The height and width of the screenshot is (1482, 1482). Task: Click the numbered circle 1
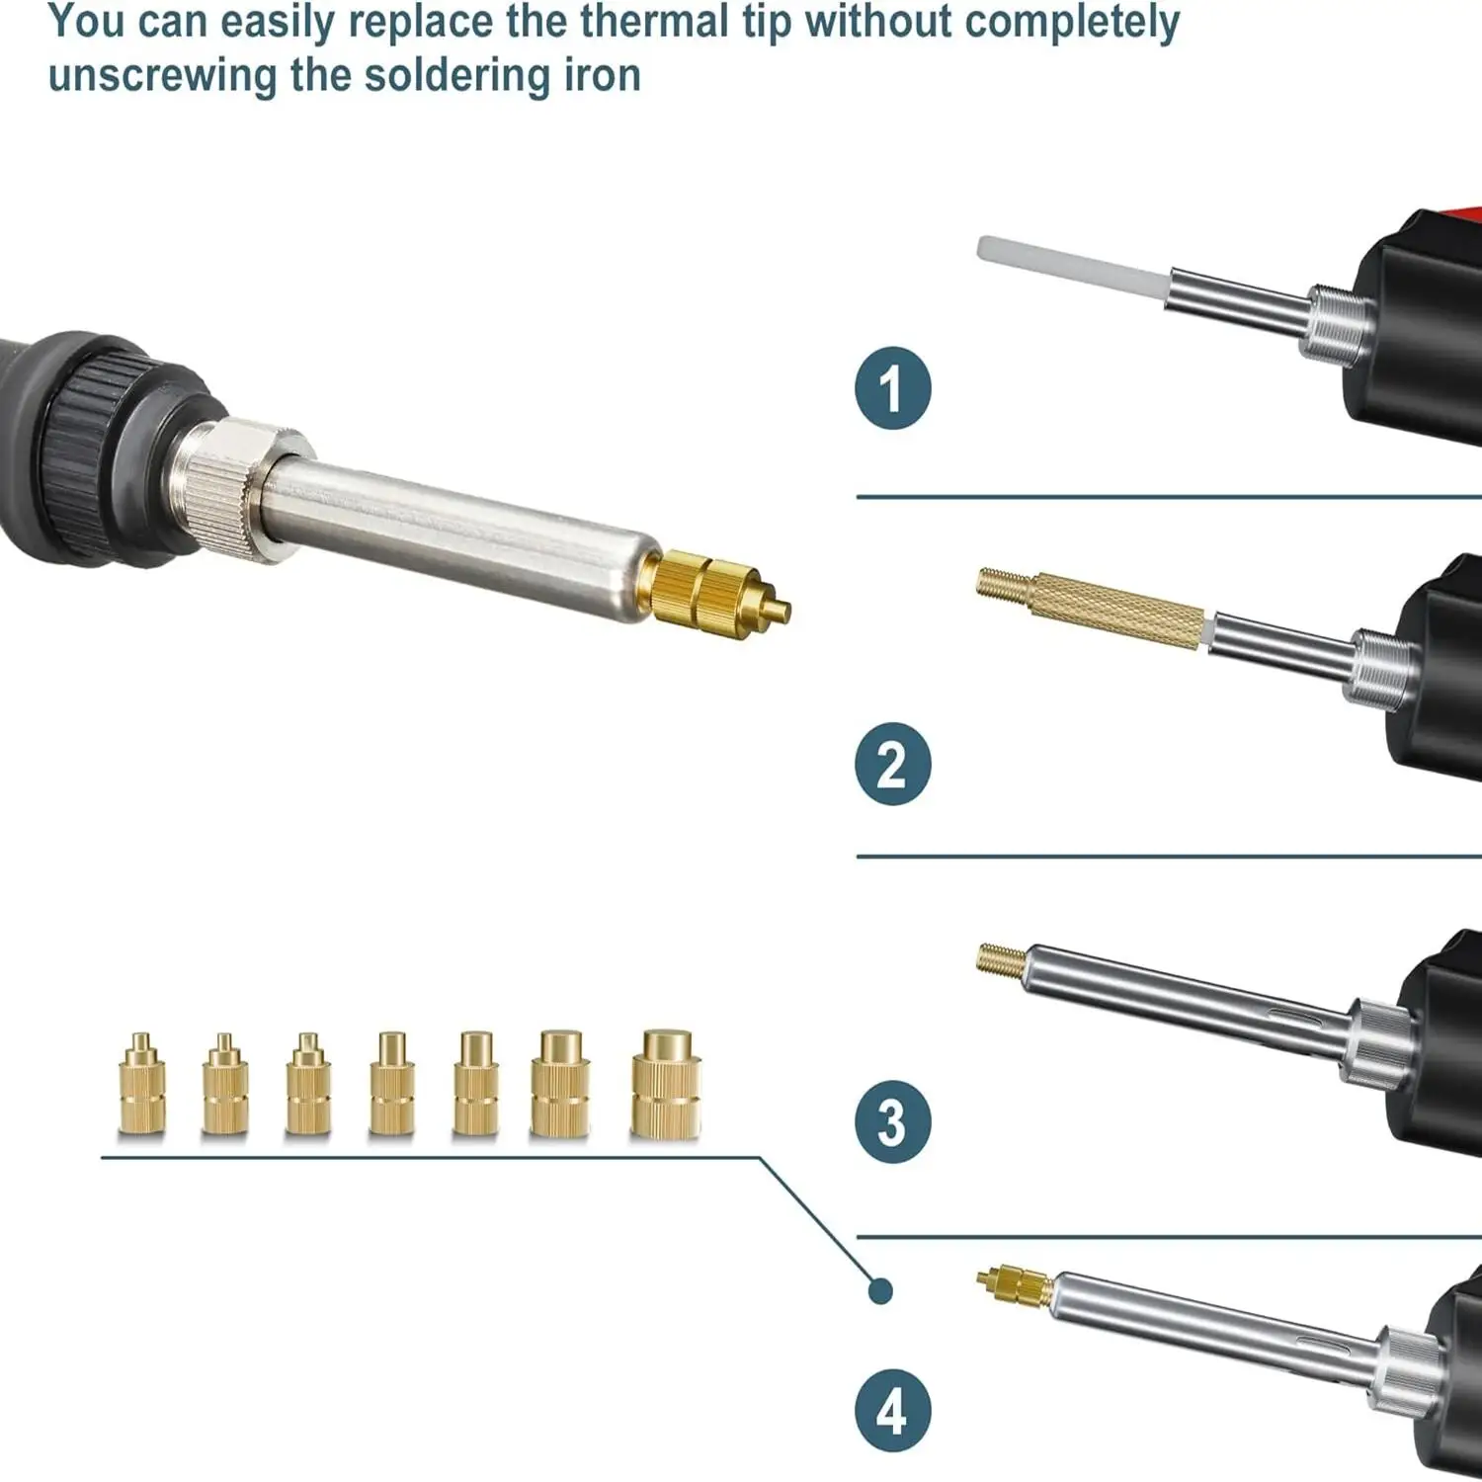tap(892, 388)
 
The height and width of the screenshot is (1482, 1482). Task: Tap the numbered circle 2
tap(892, 764)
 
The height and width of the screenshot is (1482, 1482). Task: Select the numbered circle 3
tap(892, 1121)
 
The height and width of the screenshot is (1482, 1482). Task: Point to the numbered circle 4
tap(892, 1410)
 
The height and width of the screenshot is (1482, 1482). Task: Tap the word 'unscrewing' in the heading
tap(162, 75)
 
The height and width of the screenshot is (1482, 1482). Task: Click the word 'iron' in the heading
tap(602, 75)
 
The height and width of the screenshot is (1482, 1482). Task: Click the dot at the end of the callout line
tap(880, 1290)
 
